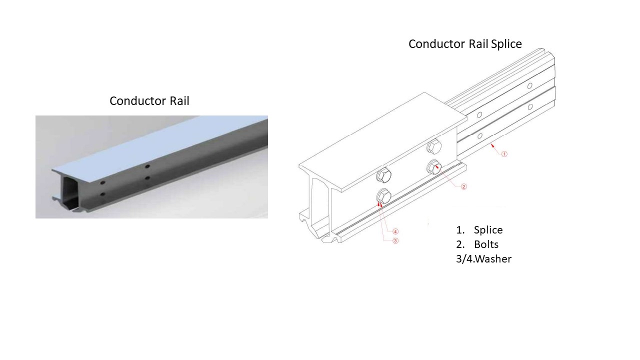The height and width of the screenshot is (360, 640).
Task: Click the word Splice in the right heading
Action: click(506, 44)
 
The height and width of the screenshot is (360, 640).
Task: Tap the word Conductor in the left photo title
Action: click(132, 101)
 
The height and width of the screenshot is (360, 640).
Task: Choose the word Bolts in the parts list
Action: click(486, 244)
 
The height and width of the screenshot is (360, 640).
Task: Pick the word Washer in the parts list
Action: click(492, 259)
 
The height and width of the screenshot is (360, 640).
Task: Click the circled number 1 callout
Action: click(504, 154)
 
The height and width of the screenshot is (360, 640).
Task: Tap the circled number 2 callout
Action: click(463, 186)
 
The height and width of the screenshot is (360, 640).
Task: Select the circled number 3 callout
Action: click(395, 240)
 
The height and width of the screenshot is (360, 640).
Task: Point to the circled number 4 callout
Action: click(395, 231)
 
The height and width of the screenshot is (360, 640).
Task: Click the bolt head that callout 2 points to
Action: click(433, 167)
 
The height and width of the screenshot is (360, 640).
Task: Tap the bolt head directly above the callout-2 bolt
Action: click(433, 147)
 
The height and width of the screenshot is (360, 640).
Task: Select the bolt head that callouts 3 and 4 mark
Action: click(383, 196)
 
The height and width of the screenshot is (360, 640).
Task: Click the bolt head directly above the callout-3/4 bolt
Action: click(383, 176)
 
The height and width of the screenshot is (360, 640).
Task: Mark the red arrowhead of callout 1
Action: click(492, 144)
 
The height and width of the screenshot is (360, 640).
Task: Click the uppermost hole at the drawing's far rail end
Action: click(530, 86)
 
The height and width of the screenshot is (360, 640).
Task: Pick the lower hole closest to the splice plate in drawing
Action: click(479, 135)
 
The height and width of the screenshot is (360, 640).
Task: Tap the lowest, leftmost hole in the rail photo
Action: click(102, 194)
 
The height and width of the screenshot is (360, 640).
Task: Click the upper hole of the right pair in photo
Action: click(147, 166)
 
